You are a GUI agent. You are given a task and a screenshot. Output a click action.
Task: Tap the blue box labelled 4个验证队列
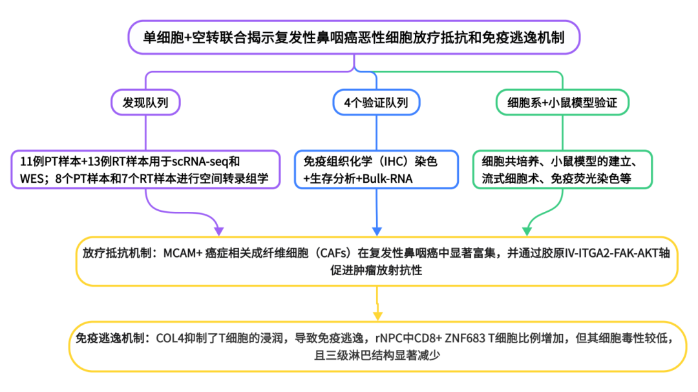376,102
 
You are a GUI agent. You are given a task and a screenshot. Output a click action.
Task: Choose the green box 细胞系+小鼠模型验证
560,102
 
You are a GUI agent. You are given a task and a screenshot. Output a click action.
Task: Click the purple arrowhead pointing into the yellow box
218,231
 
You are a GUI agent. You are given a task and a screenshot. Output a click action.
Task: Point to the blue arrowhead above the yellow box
376,231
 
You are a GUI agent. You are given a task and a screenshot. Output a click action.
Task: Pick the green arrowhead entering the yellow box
527,231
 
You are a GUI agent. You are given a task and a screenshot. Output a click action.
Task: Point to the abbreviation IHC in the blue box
394,161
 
